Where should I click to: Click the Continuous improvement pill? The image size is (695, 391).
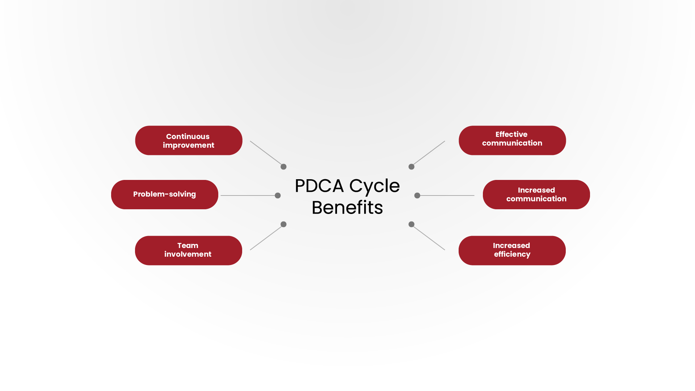point(189,140)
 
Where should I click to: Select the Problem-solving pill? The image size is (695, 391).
point(165,194)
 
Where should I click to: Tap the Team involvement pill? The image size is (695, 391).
point(189,251)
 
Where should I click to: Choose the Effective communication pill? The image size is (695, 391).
point(512,140)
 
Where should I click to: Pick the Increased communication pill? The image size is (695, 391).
point(536,194)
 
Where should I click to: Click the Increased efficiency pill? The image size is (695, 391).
point(512,251)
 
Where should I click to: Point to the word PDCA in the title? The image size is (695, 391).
point(319,186)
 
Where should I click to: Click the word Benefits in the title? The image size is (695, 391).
point(347,208)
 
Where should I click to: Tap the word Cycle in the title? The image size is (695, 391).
point(374,186)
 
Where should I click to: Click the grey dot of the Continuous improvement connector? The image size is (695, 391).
point(283,167)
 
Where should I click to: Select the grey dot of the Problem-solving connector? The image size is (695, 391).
point(278,195)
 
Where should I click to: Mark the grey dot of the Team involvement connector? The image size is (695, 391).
point(283,224)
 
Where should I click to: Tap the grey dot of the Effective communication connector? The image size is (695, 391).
point(411,167)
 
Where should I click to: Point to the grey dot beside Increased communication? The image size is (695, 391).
point(417,195)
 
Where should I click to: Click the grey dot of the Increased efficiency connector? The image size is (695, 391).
point(411,224)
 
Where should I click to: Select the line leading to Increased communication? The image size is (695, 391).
point(447,195)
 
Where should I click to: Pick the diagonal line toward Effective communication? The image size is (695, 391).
point(429,153)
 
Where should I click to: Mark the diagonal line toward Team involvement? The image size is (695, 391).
point(266,237)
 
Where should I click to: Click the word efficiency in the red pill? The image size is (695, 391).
point(512,255)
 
